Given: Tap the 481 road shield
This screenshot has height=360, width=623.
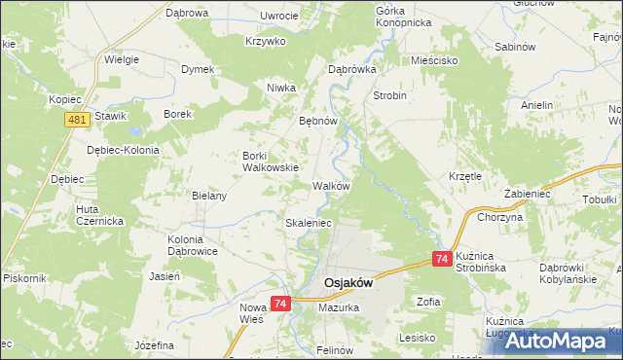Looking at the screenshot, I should pyautogui.click(x=79, y=119).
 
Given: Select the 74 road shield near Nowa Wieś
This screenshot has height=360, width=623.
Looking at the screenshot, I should pyautogui.click(x=280, y=305).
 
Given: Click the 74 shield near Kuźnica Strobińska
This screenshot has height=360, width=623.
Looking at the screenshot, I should pyautogui.click(x=441, y=259).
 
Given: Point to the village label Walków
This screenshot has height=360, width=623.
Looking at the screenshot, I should pyautogui.click(x=331, y=185).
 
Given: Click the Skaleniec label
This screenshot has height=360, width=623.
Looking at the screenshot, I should pyautogui.click(x=309, y=223).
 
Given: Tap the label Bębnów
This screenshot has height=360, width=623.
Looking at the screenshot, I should pyautogui.click(x=317, y=122).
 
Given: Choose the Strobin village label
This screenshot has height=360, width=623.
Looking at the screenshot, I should pyautogui.click(x=389, y=96).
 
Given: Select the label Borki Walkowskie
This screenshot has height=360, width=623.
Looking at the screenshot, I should pyautogui.click(x=270, y=161).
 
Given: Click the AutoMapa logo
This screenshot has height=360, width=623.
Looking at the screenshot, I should pyautogui.click(x=554, y=341).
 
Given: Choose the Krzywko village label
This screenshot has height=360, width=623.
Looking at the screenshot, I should pyautogui.click(x=265, y=41).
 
